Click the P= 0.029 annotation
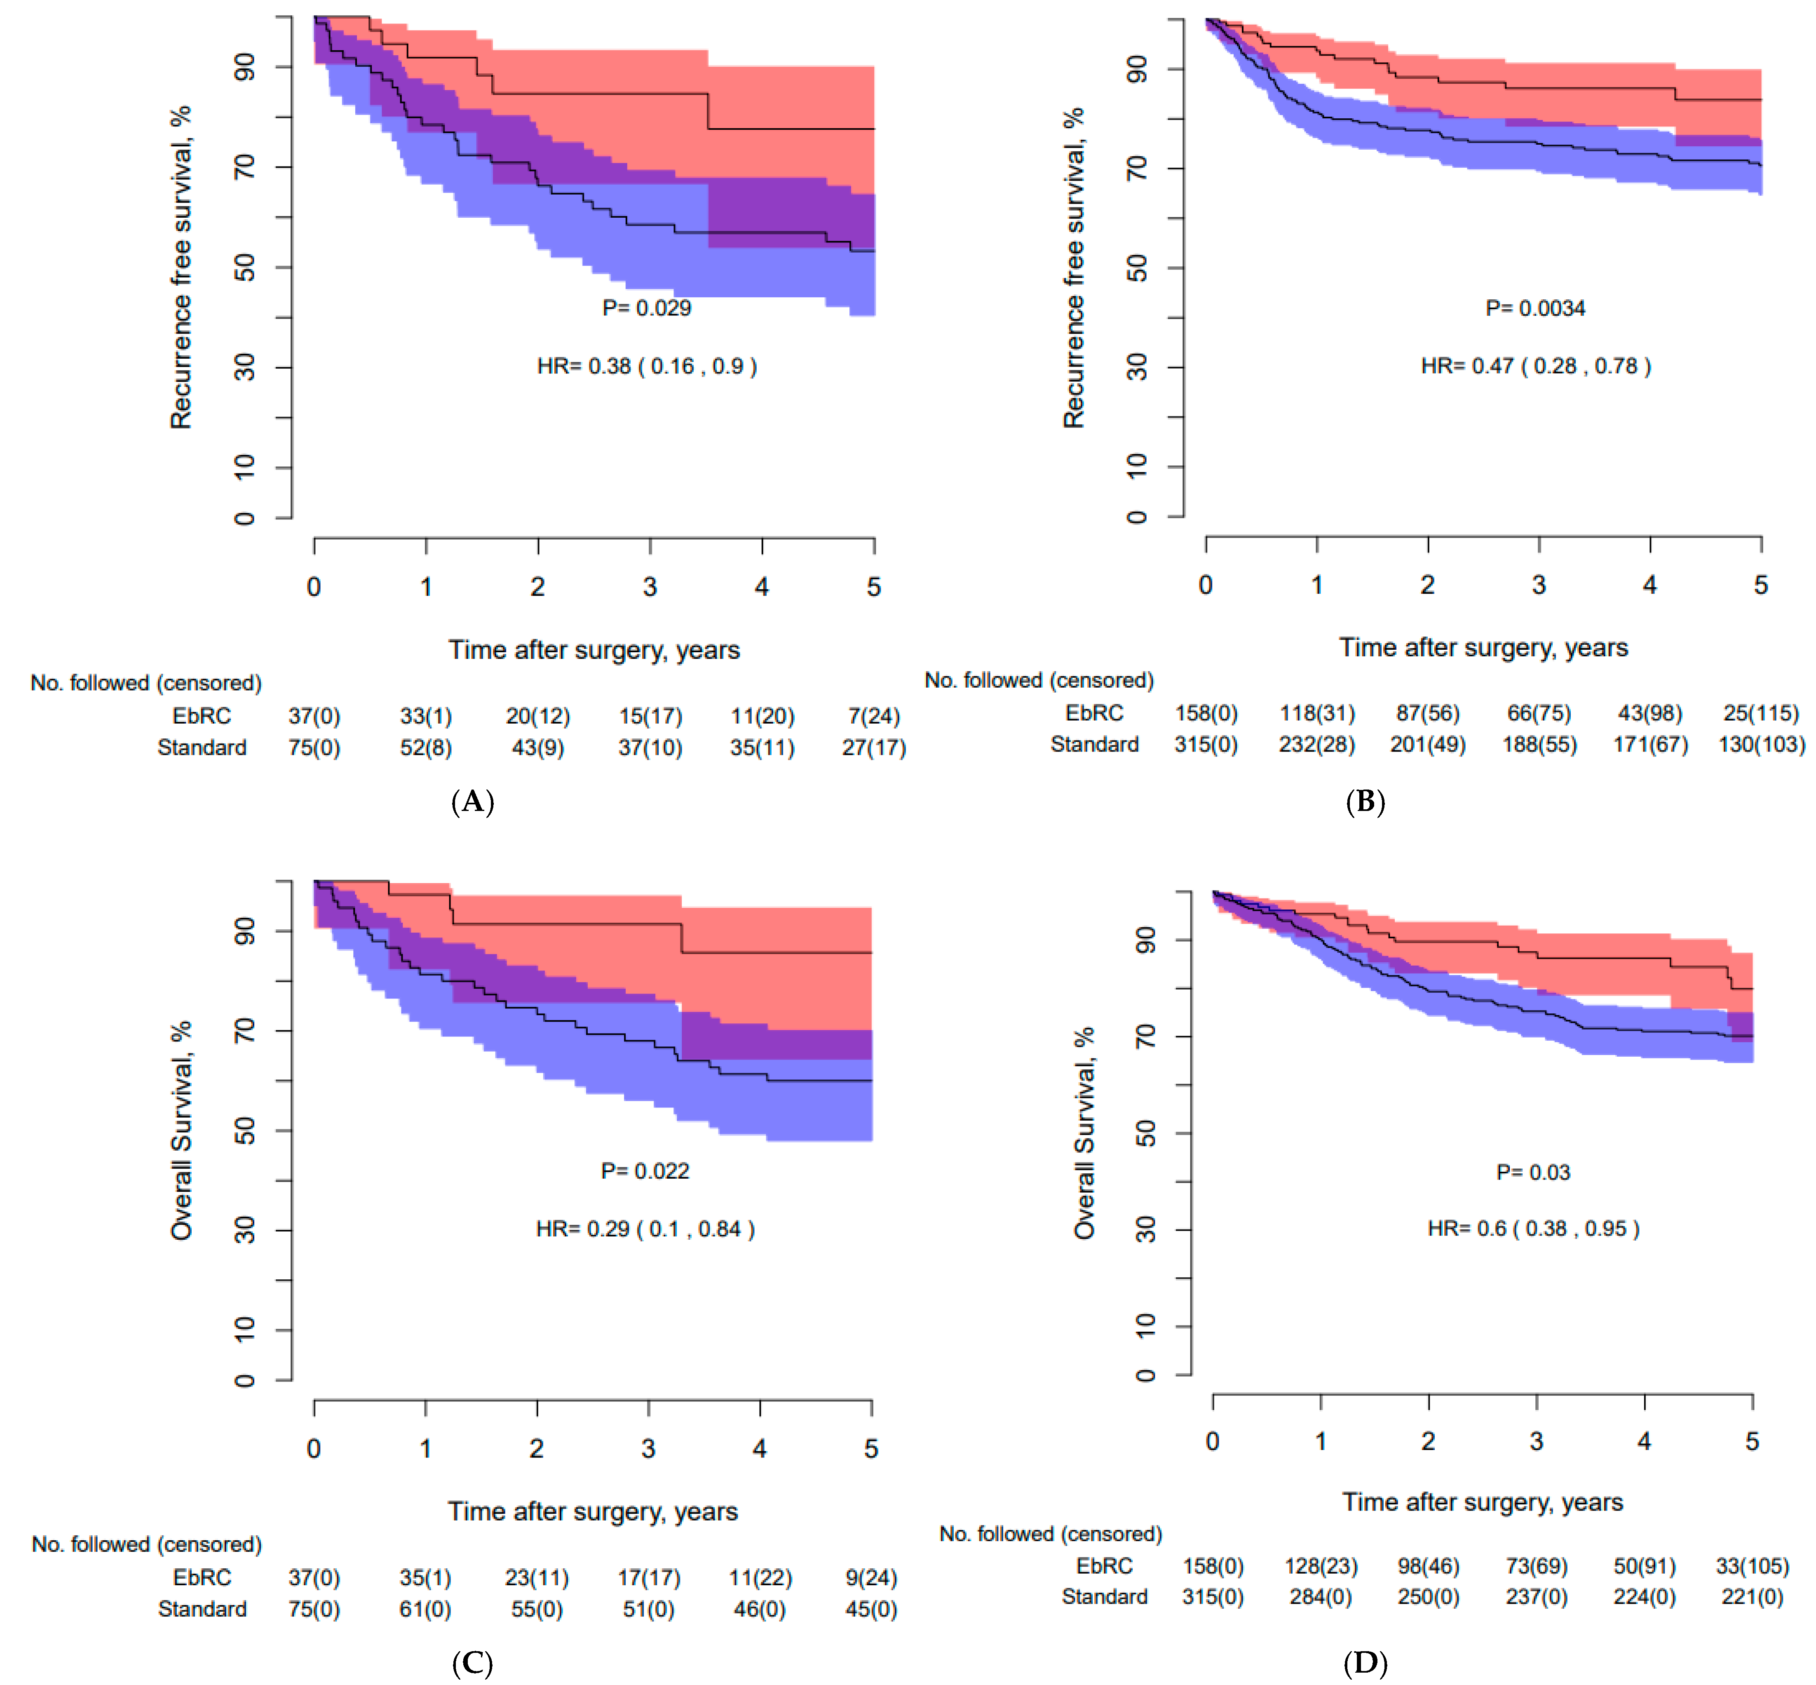coord(646,308)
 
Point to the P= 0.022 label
coord(645,1171)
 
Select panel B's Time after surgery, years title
coord(1483,647)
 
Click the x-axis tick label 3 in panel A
coord(650,587)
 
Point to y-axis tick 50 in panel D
coord(1145,1133)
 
